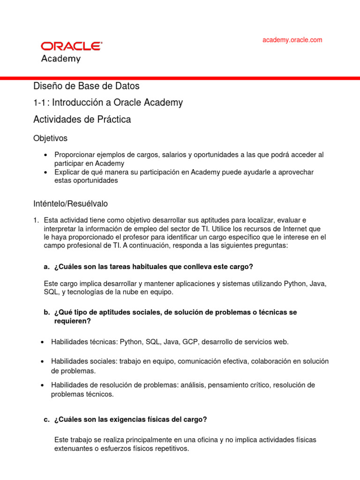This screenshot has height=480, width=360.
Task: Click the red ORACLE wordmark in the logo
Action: pyautogui.click(x=71, y=46)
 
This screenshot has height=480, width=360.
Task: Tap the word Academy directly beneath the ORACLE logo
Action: pyautogui.click(x=61, y=59)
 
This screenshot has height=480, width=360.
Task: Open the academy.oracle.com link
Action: pyautogui.click(x=292, y=40)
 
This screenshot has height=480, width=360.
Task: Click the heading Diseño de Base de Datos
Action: pyautogui.click(x=86, y=86)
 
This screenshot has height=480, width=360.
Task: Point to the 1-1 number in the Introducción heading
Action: pyautogui.click(x=40, y=103)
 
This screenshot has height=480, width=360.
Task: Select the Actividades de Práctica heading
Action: pyautogui.click(x=82, y=120)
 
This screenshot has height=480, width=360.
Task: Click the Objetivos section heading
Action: pyautogui.click(x=50, y=138)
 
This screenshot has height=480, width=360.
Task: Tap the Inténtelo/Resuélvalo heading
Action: pyautogui.click(x=70, y=204)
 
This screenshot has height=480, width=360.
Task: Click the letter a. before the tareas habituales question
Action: pyautogui.click(x=46, y=267)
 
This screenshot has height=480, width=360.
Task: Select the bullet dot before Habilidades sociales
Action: pyautogui.click(x=43, y=361)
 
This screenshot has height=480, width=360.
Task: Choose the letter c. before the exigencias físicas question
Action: pyautogui.click(x=46, y=420)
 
